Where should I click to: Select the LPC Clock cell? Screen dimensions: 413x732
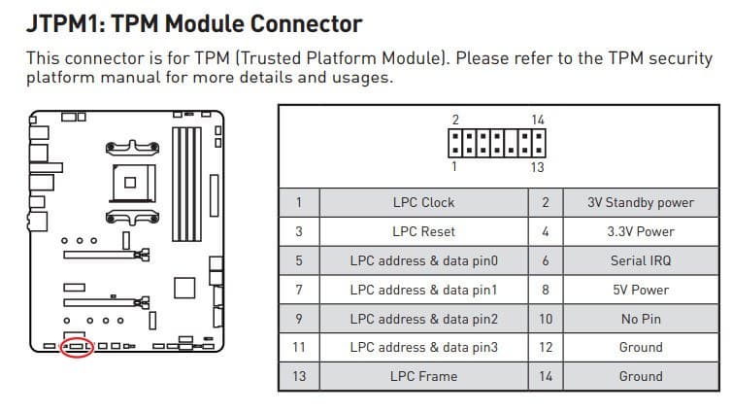click(423, 202)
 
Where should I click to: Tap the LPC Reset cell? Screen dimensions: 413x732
click(423, 231)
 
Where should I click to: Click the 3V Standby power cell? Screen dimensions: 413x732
click(641, 202)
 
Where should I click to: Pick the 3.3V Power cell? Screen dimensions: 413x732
click(641, 231)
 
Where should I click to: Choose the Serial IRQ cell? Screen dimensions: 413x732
click(641, 260)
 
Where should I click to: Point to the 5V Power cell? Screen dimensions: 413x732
click(641, 290)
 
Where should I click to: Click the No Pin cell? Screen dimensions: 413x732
click(641, 319)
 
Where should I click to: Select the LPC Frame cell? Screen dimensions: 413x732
click(423, 376)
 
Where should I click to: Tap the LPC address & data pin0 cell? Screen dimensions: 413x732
click(423, 260)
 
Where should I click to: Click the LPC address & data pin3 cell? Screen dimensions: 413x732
click(423, 347)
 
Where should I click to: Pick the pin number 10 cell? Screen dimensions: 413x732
click(545, 319)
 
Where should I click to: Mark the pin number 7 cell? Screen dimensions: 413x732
click(299, 290)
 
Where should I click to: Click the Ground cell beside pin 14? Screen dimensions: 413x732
click(641, 376)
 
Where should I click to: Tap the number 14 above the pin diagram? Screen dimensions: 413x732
click(538, 120)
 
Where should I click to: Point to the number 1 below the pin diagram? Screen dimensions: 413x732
click(455, 167)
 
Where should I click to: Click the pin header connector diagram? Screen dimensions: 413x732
click(496, 144)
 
